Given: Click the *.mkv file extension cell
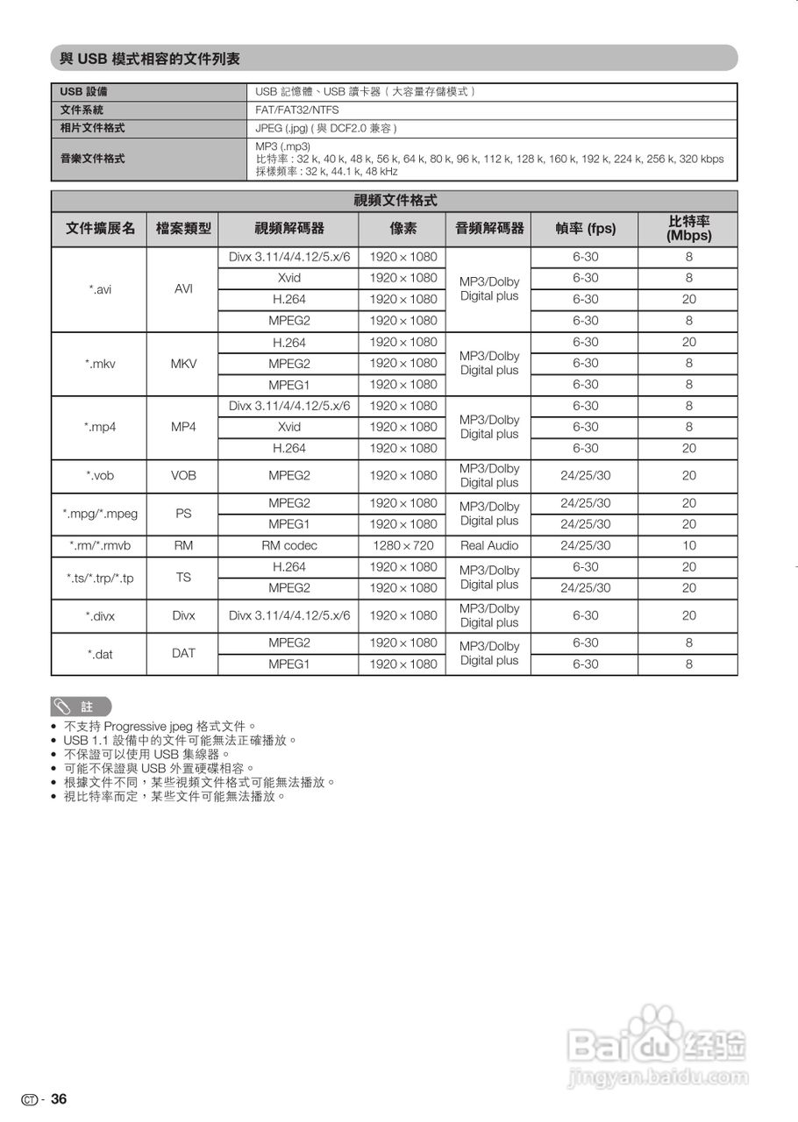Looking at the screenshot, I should tap(99, 364).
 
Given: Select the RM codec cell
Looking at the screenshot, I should tap(289, 545).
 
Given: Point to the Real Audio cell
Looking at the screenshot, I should tap(489, 545).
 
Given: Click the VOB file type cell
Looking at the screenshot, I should tap(183, 476).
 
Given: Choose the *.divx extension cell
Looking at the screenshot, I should tap(99, 616).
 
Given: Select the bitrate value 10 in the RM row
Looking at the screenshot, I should tap(688, 545).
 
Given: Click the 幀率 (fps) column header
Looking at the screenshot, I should tap(585, 229).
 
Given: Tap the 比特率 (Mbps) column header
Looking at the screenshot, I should tap(688, 229).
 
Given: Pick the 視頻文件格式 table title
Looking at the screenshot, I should tap(395, 201).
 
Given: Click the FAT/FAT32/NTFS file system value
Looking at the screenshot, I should tap(296, 110).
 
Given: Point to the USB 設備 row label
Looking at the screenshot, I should tap(84, 92).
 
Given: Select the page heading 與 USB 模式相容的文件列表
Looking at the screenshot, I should tap(150, 59).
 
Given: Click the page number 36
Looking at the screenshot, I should tap(59, 1099).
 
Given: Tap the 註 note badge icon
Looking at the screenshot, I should tap(81, 707).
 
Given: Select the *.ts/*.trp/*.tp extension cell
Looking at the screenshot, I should tap(99, 578).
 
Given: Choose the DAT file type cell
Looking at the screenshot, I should tap(183, 653).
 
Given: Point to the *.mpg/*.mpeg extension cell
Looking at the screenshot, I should tap(99, 514).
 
